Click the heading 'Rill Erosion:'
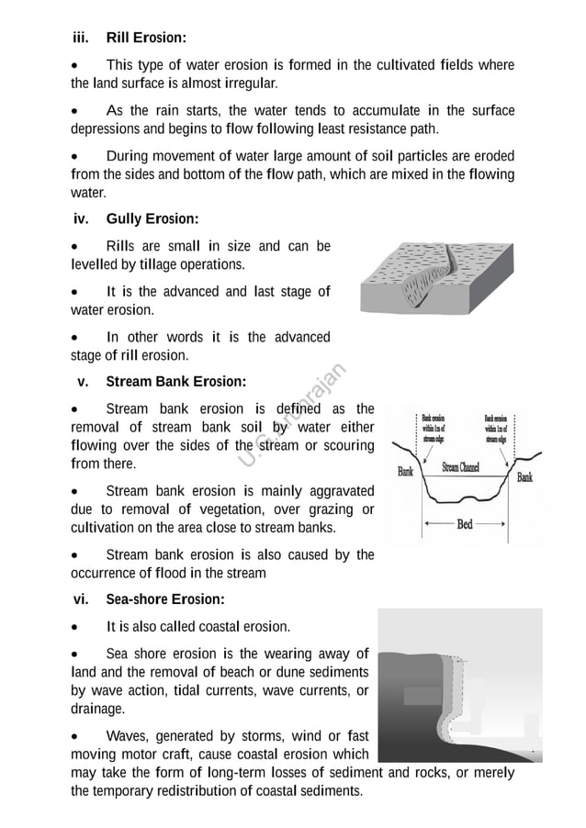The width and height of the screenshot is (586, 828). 146,38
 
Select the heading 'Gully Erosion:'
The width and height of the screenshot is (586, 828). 152,219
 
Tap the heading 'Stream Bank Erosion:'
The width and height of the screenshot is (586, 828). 176,381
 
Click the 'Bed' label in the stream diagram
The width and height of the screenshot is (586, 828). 465,525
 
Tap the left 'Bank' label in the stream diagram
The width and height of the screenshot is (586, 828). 405,472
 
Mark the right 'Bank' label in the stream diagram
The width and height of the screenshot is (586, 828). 524,477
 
